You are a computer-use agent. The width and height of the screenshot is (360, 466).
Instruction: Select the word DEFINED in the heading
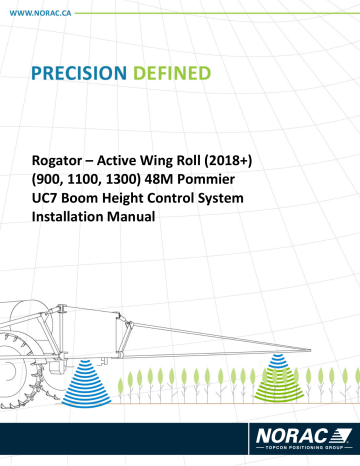pyautogui.click(x=176, y=74)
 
